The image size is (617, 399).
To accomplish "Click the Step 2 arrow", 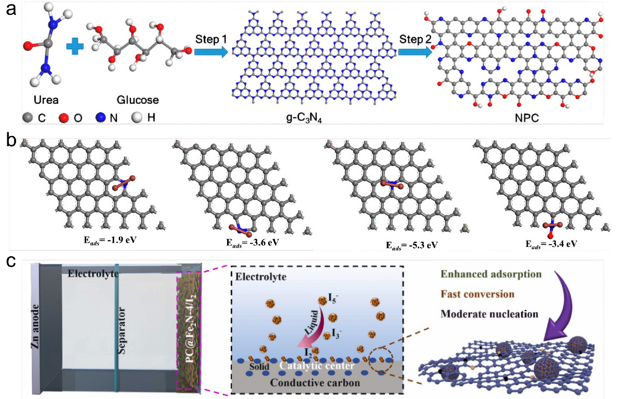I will pos(414,52).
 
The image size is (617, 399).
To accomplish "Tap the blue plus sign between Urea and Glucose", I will pos(75,46).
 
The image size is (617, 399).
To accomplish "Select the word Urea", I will pos(46,100).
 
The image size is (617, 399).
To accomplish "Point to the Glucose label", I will pos(137,100).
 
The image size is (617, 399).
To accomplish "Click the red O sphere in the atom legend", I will pos(64,117).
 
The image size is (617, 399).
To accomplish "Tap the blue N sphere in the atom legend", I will pos(100,117).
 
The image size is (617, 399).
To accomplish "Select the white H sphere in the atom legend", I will pos(137,117).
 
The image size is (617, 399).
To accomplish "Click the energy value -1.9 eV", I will pos(110,240).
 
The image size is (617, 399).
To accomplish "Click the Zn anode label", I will pos(36,327).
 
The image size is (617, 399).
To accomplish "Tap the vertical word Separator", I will pos(121,331).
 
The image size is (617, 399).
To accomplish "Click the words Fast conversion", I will pos(477,294).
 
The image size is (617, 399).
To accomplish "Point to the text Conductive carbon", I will pos(315,383).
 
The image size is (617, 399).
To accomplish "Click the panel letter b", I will pos(11,140).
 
